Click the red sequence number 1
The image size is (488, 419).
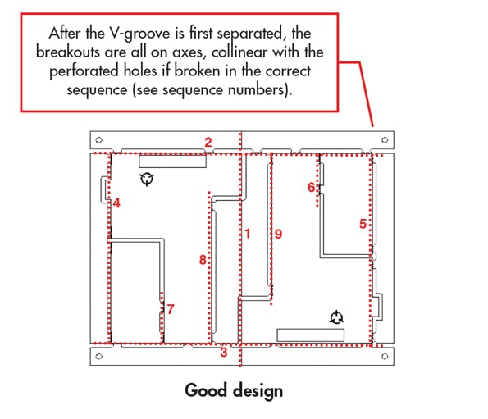[x=247, y=235]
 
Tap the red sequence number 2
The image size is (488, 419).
[x=208, y=143]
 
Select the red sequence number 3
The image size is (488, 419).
[x=223, y=353]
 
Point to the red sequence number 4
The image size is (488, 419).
[x=117, y=203]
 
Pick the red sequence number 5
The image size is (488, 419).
[x=363, y=223]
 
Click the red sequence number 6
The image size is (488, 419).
[x=311, y=187]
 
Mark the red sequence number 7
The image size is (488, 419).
[x=170, y=309]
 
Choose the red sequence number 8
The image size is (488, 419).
[x=203, y=260]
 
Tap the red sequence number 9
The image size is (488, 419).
[x=278, y=235]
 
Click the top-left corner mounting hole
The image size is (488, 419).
[x=99, y=139]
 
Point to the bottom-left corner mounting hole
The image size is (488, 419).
[x=99, y=357]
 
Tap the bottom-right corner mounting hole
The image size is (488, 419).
[x=384, y=357]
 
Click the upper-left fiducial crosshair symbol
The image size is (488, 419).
[x=147, y=180]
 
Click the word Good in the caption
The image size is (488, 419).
[x=205, y=390]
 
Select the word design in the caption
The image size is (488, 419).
[x=256, y=390]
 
